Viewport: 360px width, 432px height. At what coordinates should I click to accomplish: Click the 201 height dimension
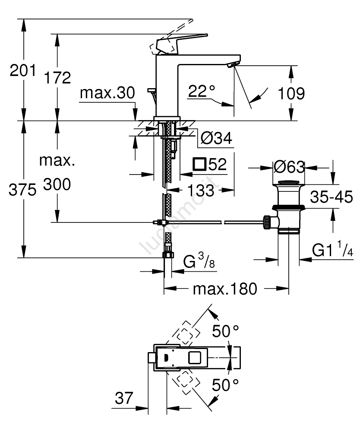pos(23,70)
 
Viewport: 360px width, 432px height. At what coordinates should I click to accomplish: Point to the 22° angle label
pos(202,92)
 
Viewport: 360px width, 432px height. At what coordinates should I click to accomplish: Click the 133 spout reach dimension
pos(201,190)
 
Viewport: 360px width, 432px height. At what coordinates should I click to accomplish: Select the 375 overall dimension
pos(23,190)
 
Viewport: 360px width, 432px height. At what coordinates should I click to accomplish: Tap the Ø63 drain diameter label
pos(289,167)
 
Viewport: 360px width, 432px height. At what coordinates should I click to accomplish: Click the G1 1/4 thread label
pos(333,251)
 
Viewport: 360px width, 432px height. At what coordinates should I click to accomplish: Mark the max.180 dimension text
pos(224,288)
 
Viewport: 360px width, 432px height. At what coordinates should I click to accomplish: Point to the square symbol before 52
pos(199,164)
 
